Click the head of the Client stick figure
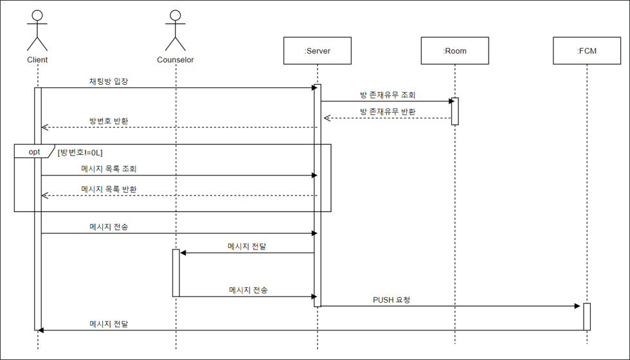[x=38, y=16]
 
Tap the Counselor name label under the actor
[x=175, y=60]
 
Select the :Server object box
[x=317, y=51]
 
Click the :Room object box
[x=455, y=51]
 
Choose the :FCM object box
[x=586, y=51]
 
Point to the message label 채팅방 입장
[x=109, y=82]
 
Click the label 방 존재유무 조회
[x=388, y=95]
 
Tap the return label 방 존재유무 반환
[x=388, y=112]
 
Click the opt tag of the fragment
[x=34, y=152]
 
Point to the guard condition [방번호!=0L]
[x=80, y=152]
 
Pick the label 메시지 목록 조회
[x=109, y=169]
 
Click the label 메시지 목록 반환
[x=109, y=189]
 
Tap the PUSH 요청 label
[x=392, y=300]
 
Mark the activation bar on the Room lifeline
[x=455, y=111]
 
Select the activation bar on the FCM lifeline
[x=586, y=316]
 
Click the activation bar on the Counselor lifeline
[x=175, y=273]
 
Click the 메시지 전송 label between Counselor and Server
[x=248, y=290]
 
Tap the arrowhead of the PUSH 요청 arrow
[x=577, y=306]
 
